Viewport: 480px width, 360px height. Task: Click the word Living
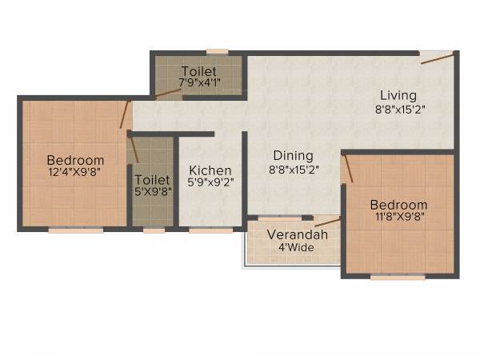(x=398, y=96)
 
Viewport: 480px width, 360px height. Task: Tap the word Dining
(x=293, y=155)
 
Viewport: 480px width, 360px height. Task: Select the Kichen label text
(x=210, y=170)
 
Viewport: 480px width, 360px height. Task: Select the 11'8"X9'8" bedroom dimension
(x=398, y=217)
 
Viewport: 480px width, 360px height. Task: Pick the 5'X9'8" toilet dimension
(x=151, y=192)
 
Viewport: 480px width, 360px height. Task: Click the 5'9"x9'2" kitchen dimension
(x=210, y=183)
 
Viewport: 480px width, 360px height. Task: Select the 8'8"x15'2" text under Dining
(x=293, y=169)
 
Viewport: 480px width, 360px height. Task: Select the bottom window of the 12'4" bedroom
(x=75, y=230)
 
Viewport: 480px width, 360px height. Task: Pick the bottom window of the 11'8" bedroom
(x=397, y=278)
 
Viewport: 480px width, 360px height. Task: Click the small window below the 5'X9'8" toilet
(x=154, y=230)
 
